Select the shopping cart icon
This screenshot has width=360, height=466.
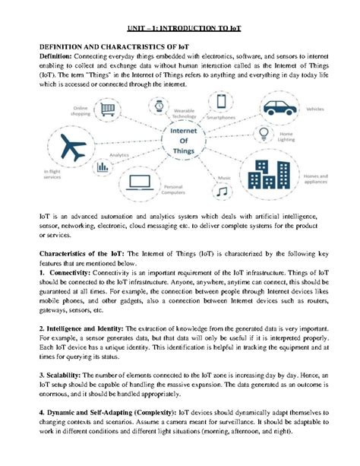[109, 110]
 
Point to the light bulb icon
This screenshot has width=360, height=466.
[262, 134]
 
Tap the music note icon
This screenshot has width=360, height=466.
[221, 192]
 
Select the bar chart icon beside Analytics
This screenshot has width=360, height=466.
[100, 166]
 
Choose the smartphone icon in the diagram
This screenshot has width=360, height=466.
[221, 101]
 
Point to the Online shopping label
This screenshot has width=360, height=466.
[82, 111]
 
